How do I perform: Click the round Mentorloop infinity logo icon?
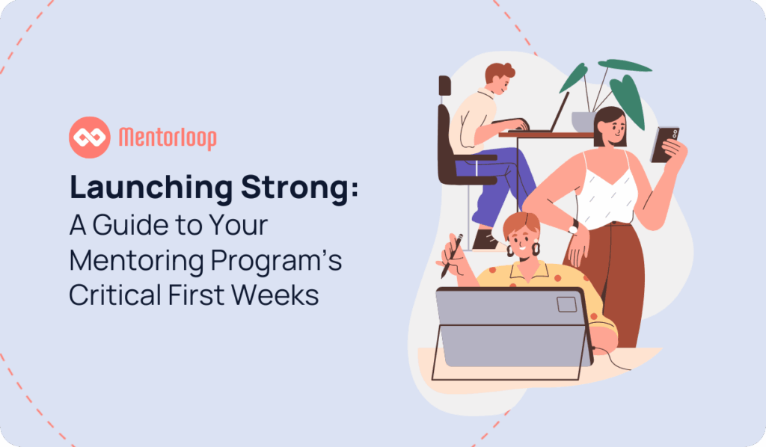coord(90,137)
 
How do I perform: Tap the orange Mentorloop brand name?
coord(168,138)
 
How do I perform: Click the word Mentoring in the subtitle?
coord(136,261)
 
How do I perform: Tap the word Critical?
coord(114,295)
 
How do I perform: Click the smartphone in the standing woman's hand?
coord(665,144)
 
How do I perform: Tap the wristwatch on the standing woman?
coord(573,227)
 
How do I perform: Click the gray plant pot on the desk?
coord(583,122)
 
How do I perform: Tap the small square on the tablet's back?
coord(567,304)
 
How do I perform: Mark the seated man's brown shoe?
coord(485,240)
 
